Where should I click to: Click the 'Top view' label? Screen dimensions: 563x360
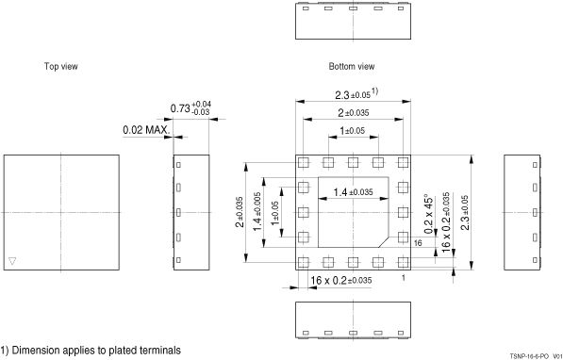60,66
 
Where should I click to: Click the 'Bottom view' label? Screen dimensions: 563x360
352,66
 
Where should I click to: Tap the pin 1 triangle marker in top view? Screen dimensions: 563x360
12,261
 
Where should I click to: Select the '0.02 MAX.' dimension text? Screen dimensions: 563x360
146,130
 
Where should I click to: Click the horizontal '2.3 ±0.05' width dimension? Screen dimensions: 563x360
356,94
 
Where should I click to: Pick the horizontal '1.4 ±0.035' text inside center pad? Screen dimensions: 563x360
354,192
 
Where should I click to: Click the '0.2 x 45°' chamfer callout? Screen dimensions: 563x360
428,214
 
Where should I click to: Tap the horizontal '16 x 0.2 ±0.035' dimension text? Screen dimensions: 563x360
341,280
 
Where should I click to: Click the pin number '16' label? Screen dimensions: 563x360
418,243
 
